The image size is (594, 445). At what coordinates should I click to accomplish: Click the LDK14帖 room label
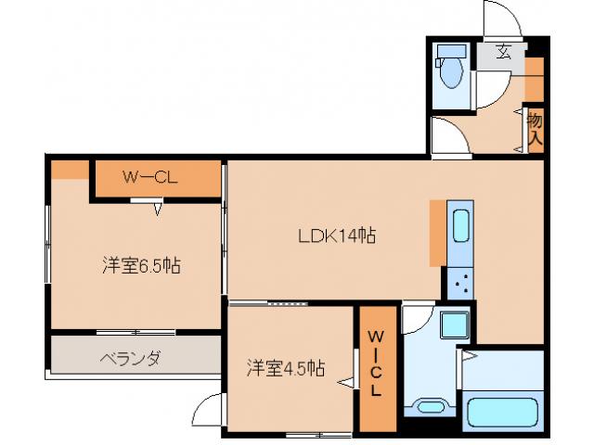pyautogui.click(x=336, y=235)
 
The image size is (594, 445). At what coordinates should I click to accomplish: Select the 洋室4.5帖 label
pyautogui.click(x=285, y=367)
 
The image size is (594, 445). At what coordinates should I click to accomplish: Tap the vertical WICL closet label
pyautogui.click(x=376, y=363)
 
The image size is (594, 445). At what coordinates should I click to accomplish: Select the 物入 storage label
pyautogui.click(x=535, y=129)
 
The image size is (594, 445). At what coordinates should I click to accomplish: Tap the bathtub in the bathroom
pyautogui.click(x=501, y=412)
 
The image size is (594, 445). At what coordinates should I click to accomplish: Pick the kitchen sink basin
pyautogui.click(x=460, y=225)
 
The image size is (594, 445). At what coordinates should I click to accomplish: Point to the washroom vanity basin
pyautogui.click(x=430, y=406)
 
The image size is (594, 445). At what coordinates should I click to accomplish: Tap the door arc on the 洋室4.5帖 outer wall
pyautogui.click(x=210, y=408)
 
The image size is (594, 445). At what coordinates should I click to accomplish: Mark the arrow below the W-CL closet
pyautogui.click(x=158, y=209)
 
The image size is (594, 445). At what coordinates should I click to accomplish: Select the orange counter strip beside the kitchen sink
pyautogui.click(x=436, y=232)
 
